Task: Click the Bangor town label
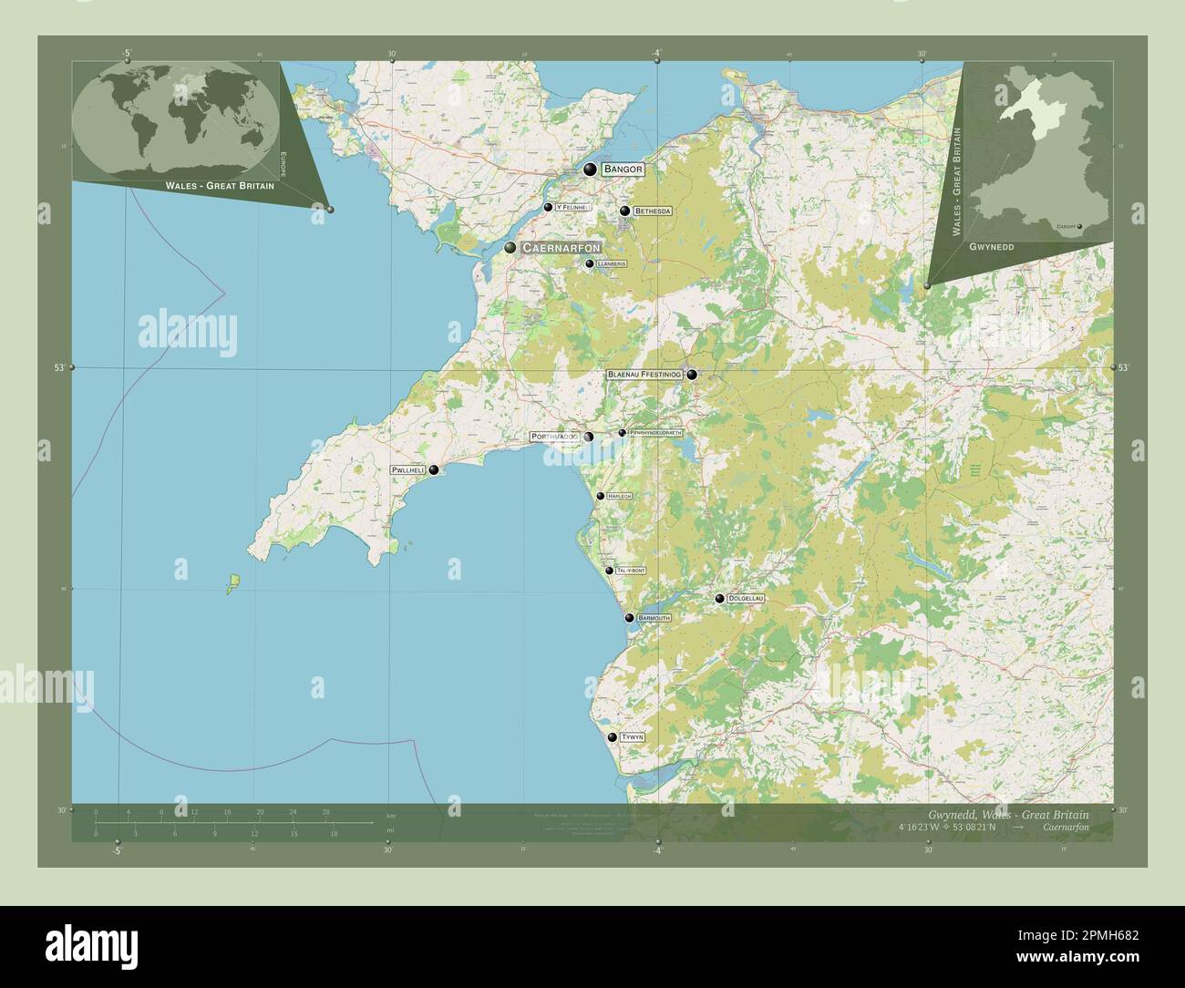[x=623, y=170]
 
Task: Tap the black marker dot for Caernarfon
[x=510, y=248]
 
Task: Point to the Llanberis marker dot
[x=590, y=264]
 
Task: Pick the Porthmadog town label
[x=554, y=437]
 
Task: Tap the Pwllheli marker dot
[x=434, y=470]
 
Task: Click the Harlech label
[x=619, y=496]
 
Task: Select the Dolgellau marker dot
[x=720, y=599]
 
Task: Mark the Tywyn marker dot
[x=612, y=736]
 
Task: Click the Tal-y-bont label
[x=631, y=571]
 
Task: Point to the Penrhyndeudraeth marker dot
[x=623, y=432]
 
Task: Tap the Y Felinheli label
[x=573, y=208]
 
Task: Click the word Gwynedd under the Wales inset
[x=990, y=247]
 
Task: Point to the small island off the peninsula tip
[x=232, y=581]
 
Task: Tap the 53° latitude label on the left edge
[x=58, y=367]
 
